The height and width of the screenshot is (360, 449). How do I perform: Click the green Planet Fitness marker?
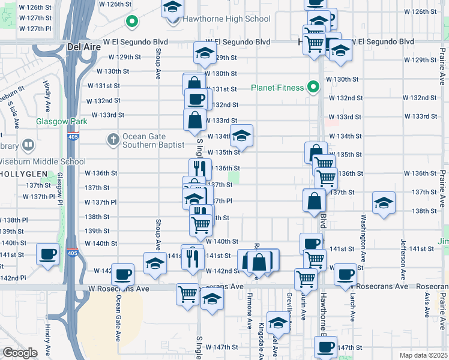(x=313, y=88)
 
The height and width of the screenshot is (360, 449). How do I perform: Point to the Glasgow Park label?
(x=62, y=121)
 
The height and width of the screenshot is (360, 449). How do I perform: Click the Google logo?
(x=20, y=352)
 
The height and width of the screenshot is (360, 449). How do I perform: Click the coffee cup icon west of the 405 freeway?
(x=47, y=253)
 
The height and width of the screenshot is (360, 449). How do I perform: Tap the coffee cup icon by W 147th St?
(x=325, y=346)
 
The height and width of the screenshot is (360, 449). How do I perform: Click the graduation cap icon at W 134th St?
(x=241, y=135)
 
